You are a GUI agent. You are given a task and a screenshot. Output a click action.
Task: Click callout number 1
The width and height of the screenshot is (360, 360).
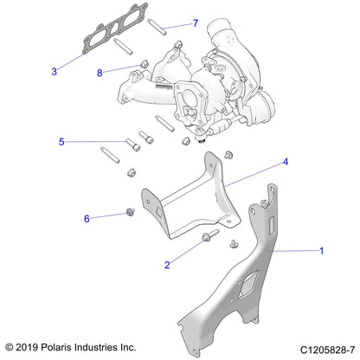tap(322, 251)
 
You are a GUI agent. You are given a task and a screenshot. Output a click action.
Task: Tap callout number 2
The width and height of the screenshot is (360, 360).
tap(167, 265)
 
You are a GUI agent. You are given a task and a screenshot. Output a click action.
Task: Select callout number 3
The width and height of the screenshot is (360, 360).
tap(54, 72)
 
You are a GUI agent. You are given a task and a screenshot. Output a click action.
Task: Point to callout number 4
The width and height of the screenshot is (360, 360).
tap(286, 162)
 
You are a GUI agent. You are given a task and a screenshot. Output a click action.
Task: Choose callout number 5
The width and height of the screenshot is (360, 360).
tap(61, 142)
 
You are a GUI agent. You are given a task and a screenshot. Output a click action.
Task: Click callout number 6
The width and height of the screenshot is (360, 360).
tap(87, 219)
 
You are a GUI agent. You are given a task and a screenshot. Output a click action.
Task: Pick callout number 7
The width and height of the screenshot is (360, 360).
tap(196, 23)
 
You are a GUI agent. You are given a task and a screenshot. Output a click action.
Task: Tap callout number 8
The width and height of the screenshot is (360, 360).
tap(100, 73)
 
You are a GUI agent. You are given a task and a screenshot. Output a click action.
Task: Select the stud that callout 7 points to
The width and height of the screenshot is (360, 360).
tap(157, 27)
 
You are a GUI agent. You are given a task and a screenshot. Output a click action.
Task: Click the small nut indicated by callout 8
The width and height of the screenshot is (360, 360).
tap(144, 64)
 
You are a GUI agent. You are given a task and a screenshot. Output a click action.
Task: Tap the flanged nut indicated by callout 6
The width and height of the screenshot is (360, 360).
tap(131, 212)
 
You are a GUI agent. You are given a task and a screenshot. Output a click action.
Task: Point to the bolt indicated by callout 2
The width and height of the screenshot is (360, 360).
tap(210, 235)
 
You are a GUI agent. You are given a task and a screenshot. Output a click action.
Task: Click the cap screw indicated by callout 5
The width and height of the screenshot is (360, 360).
tap(132, 145)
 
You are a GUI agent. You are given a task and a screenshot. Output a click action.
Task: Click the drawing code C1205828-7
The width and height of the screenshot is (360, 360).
tap(327, 350)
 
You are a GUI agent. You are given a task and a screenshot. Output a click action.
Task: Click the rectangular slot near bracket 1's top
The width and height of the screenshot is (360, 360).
tap(273, 226)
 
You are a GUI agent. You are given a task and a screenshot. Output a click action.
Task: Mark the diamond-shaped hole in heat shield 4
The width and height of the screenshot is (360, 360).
tap(158, 212)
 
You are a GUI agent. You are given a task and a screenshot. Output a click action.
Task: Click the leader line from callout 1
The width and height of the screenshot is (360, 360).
tap(295, 251)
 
